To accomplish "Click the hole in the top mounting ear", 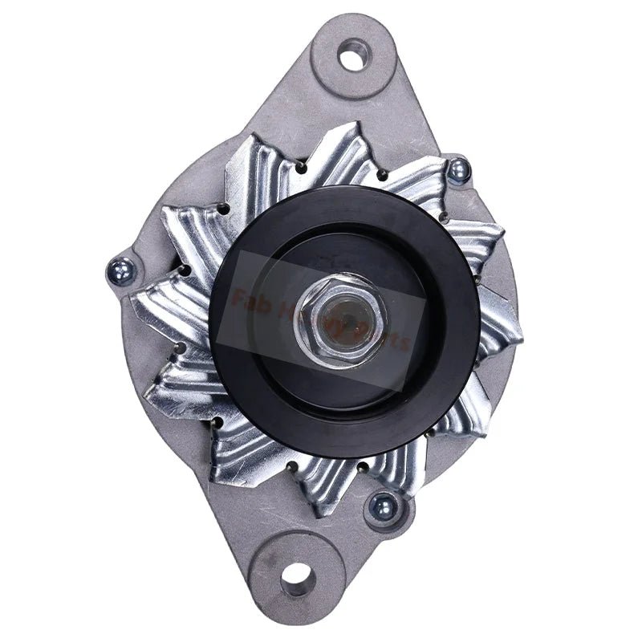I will coord(353,57).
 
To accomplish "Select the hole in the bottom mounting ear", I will coord(297,575).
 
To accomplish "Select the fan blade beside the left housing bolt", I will coord(160,301).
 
